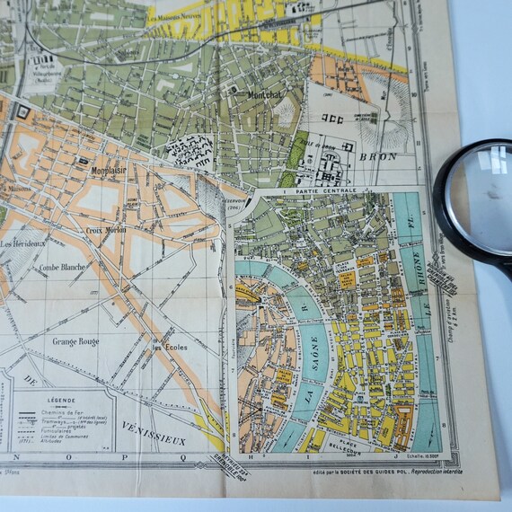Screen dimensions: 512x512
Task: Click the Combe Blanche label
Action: (62, 267)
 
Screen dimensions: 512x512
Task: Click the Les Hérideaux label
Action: (24, 243)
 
